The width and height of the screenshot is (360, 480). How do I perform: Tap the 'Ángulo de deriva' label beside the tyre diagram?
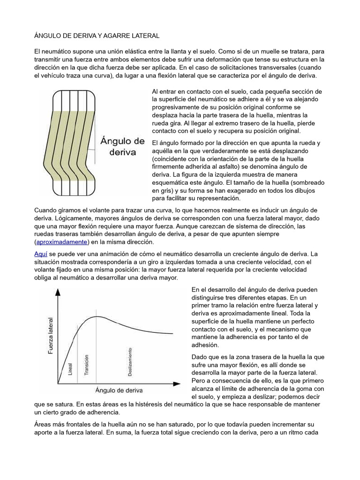123,146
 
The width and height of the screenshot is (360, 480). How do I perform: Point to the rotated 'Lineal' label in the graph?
70,369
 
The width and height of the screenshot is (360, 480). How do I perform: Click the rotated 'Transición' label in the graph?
86,365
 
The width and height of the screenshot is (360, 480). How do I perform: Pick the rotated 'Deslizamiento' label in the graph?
130,361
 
